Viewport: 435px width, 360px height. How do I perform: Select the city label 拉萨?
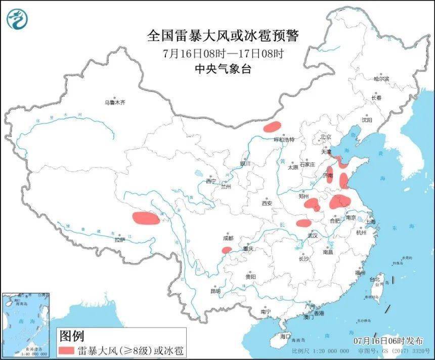click(x=119, y=240)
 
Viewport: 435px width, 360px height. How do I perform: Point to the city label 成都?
click(x=228, y=238)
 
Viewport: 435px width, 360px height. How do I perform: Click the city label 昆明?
click(x=215, y=291)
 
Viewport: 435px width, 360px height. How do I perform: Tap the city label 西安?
click(x=267, y=203)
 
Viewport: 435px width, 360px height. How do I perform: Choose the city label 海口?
click(x=286, y=336)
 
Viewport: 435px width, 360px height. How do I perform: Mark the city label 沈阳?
click(x=367, y=120)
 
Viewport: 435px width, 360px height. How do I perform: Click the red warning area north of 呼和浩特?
click(x=272, y=126)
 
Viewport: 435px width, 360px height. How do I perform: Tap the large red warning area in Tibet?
click(x=145, y=218)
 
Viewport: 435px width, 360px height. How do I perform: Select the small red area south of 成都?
click(x=227, y=250)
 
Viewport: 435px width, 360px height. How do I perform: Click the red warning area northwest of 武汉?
click(x=303, y=223)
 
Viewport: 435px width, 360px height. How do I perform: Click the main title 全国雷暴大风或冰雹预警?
click(x=223, y=36)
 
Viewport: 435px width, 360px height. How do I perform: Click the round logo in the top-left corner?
click(x=17, y=19)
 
